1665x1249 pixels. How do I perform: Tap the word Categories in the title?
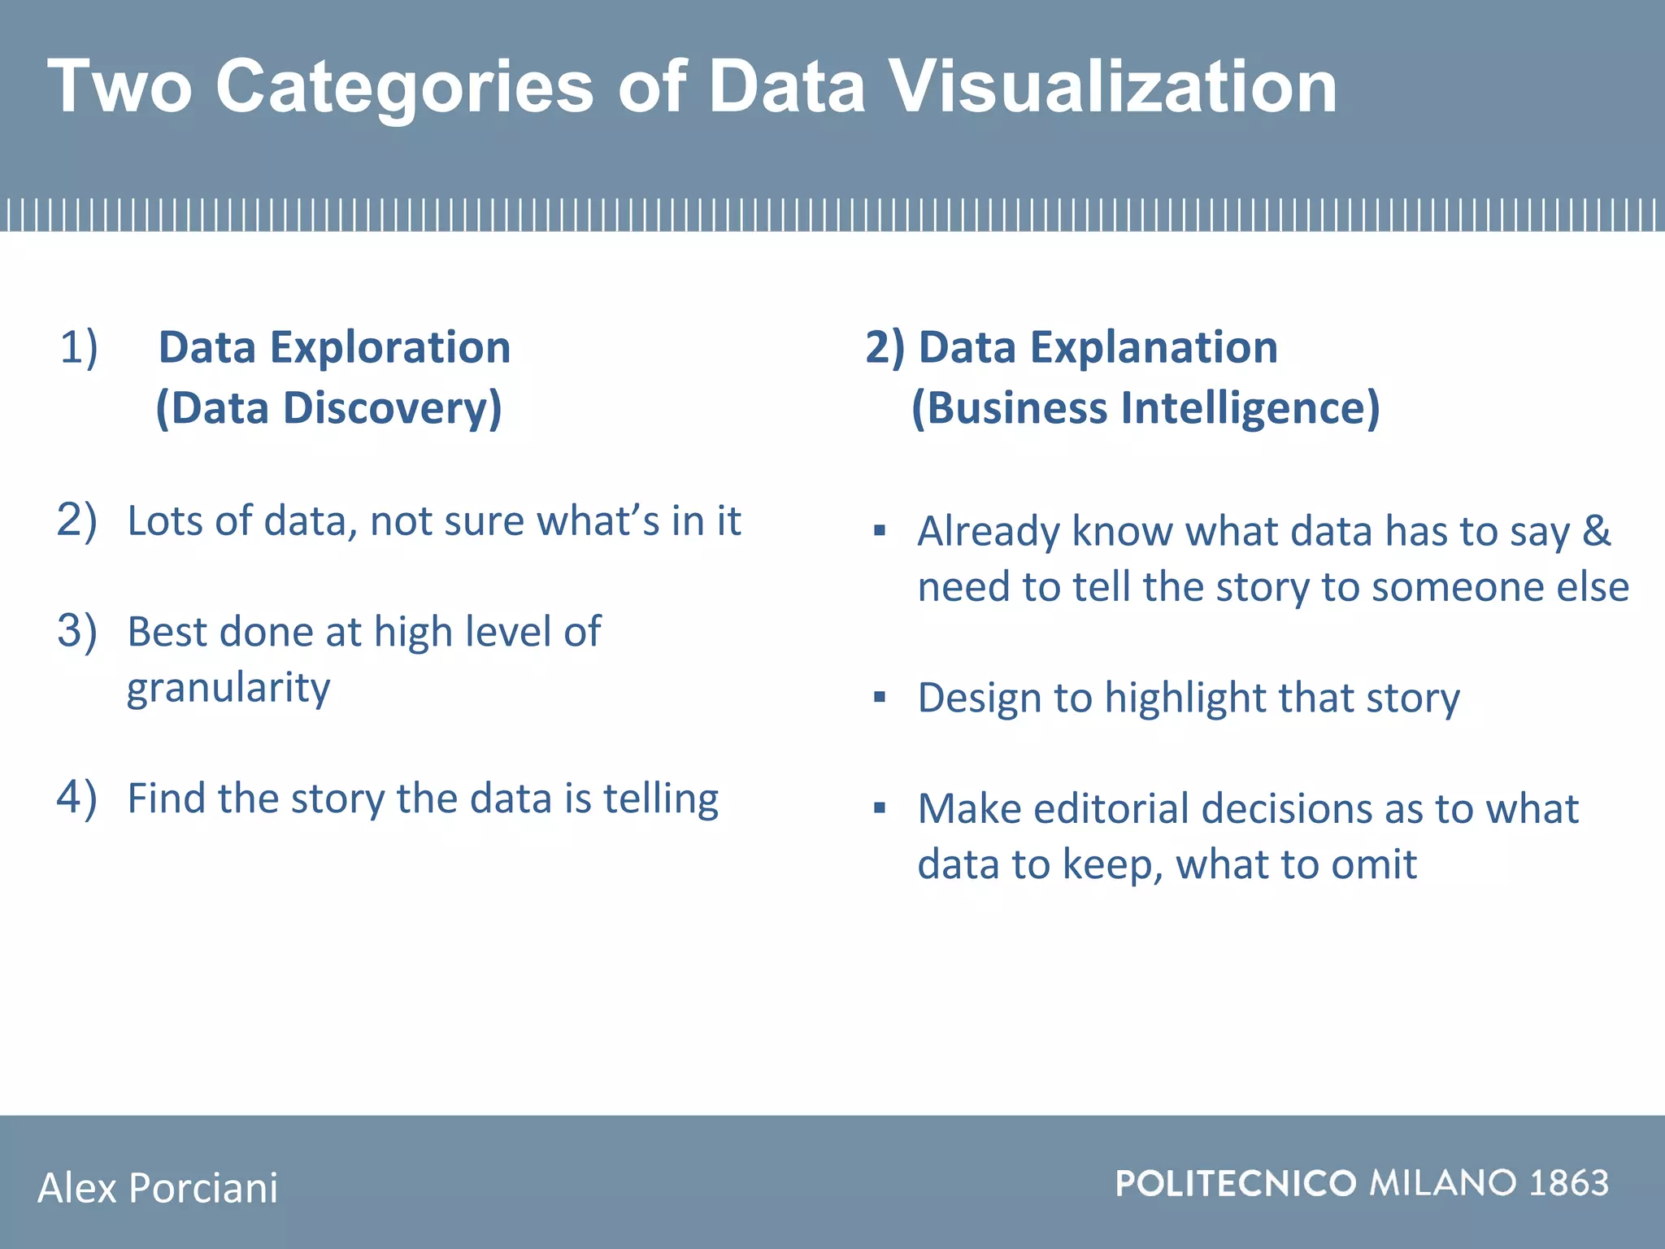[x=404, y=88]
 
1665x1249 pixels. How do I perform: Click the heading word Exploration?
[x=390, y=347]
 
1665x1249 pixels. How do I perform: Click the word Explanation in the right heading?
[x=1154, y=347]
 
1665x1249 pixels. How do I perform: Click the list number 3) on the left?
[x=76, y=631]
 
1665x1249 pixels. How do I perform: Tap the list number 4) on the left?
[x=76, y=797]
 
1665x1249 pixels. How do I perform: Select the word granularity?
[x=228, y=689]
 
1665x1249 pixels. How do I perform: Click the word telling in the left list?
[x=660, y=799]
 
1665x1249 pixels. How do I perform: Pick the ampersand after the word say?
[x=1596, y=531]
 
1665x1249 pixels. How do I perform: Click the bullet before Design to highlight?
[x=879, y=697]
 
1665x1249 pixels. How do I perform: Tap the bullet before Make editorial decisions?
[x=879, y=808]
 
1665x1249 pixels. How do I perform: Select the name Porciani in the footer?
[x=203, y=1188]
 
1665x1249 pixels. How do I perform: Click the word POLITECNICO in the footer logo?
[x=1235, y=1183]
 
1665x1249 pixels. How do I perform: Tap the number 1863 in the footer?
[x=1568, y=1183]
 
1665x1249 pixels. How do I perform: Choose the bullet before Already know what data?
[x=879, y=531]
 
